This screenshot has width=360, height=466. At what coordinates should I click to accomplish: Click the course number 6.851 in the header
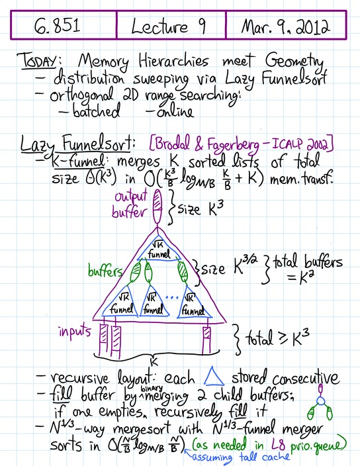coord(57,26)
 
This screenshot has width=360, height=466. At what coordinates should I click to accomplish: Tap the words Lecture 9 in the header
coord(168,26)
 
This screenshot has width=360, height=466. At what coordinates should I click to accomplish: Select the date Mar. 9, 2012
coord(285,26)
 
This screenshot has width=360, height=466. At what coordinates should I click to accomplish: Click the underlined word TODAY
coord(36,61)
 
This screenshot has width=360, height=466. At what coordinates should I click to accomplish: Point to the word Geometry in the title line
coord(294,62)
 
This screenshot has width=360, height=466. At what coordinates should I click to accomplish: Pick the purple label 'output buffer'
coord(130,205)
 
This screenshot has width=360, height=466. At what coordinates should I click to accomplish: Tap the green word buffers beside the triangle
coord(105,271)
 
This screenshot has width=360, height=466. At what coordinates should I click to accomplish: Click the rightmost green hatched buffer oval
coord(183,271)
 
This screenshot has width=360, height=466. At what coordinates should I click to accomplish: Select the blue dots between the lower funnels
coord(171,297)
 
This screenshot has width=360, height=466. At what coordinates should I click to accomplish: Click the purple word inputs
coord(75,330)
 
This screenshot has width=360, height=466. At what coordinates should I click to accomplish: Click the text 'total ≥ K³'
coord(277,338)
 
